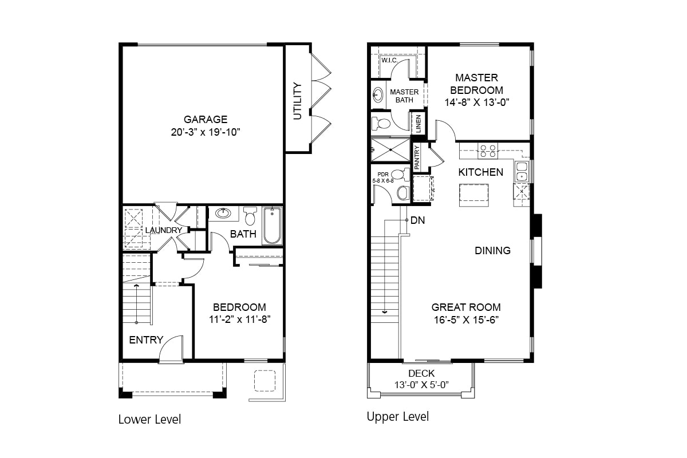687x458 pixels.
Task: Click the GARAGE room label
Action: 205,120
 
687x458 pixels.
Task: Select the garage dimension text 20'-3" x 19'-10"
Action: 205,133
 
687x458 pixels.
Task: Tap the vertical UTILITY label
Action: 297,101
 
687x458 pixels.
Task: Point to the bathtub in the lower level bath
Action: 273,226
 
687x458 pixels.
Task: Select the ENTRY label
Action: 146,340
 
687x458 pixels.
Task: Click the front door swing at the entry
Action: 171,349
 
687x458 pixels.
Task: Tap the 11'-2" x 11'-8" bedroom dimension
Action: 239,319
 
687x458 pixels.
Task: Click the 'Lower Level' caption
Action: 149,420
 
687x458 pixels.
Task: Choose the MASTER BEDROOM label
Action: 476,84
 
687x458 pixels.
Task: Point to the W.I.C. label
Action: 389,60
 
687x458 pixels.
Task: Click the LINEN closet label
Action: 418,124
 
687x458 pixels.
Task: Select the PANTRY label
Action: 417,157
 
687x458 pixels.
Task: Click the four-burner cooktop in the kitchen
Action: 488,151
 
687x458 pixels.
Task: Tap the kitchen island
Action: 473,195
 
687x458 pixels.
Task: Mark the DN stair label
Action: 418,220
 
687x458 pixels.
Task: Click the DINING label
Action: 492,250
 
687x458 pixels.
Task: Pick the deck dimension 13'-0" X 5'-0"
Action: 421,385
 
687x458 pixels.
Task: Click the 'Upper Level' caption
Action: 398,416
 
